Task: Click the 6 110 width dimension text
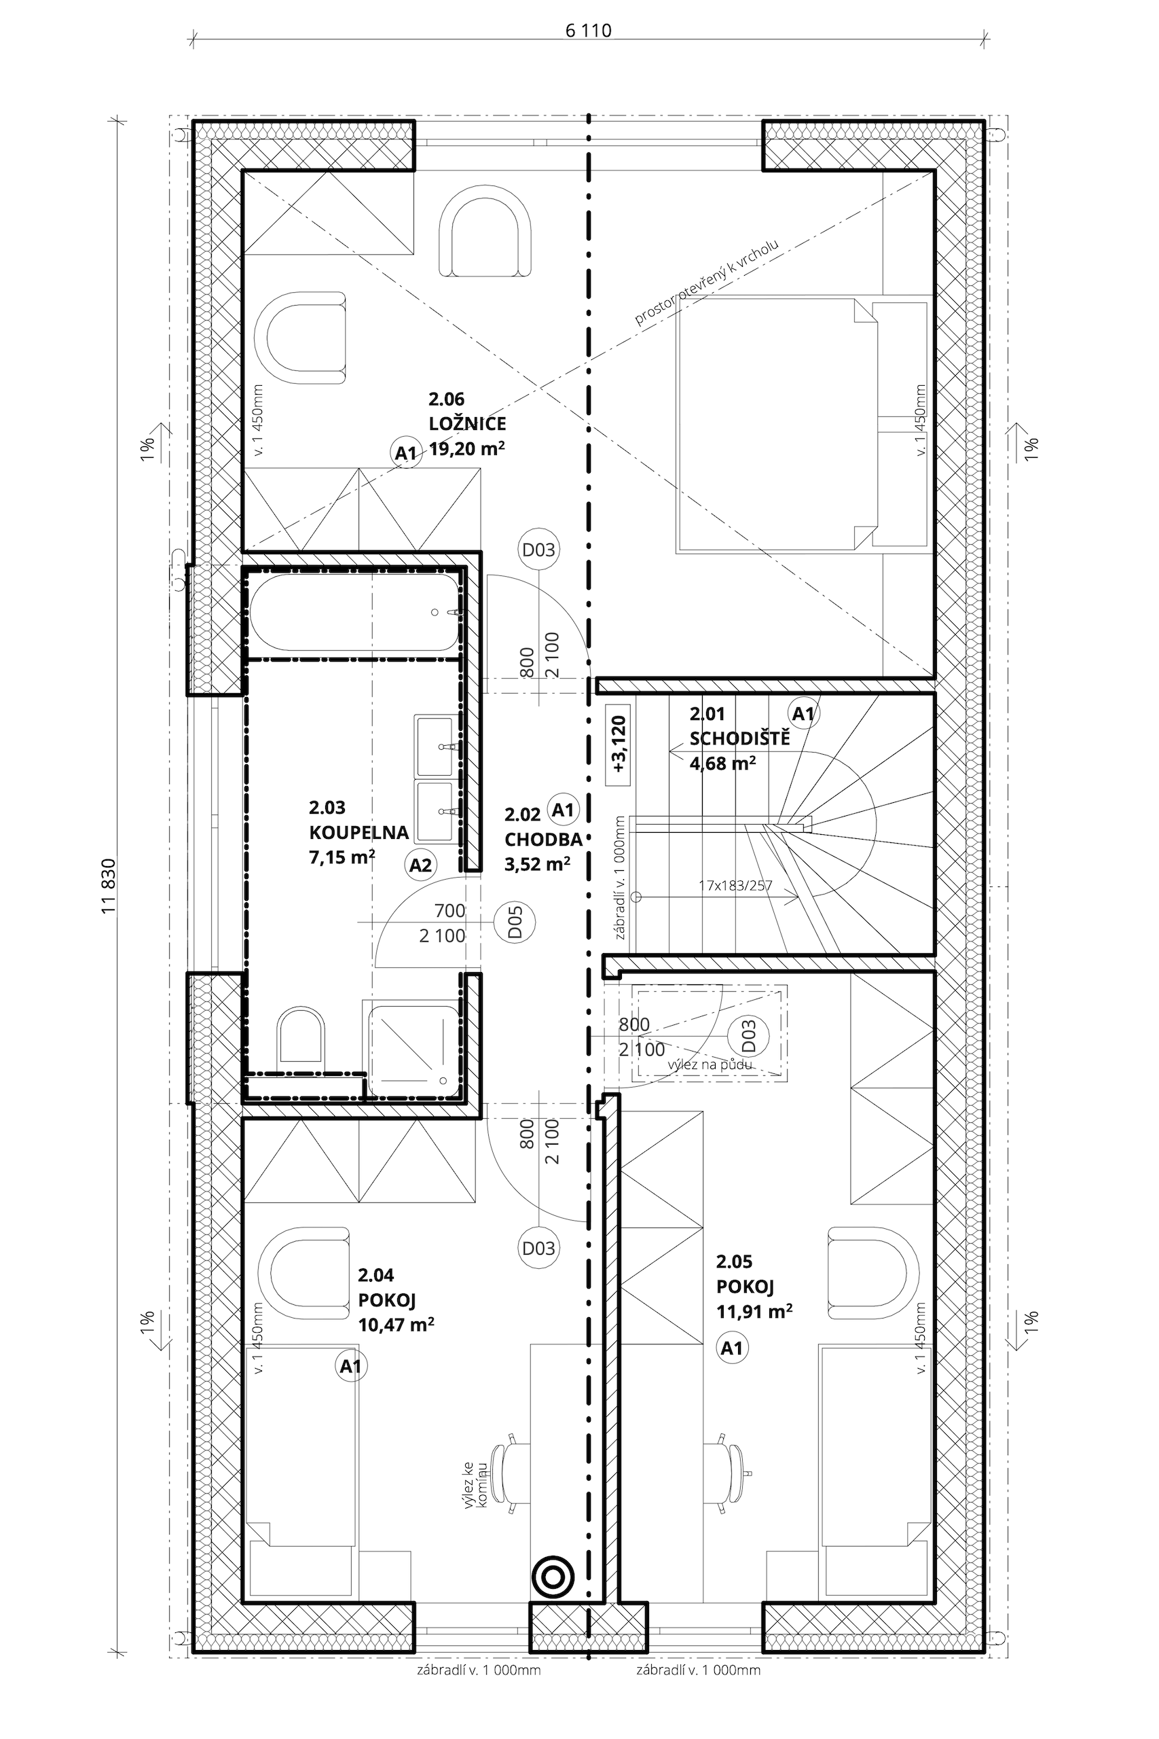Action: point(589,31)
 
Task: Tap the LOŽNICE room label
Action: point(467,424)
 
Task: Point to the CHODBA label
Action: point(543,839)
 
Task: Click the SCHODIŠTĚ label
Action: point(740,738)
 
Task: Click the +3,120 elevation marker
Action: point(619,744)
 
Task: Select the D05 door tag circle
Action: point(515,922)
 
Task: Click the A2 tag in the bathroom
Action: point(420,864)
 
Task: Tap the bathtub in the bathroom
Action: point(355,613)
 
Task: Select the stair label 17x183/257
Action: point(735,884)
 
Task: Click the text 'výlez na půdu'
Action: point(710,1064)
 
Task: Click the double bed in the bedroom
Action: point(802,425)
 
